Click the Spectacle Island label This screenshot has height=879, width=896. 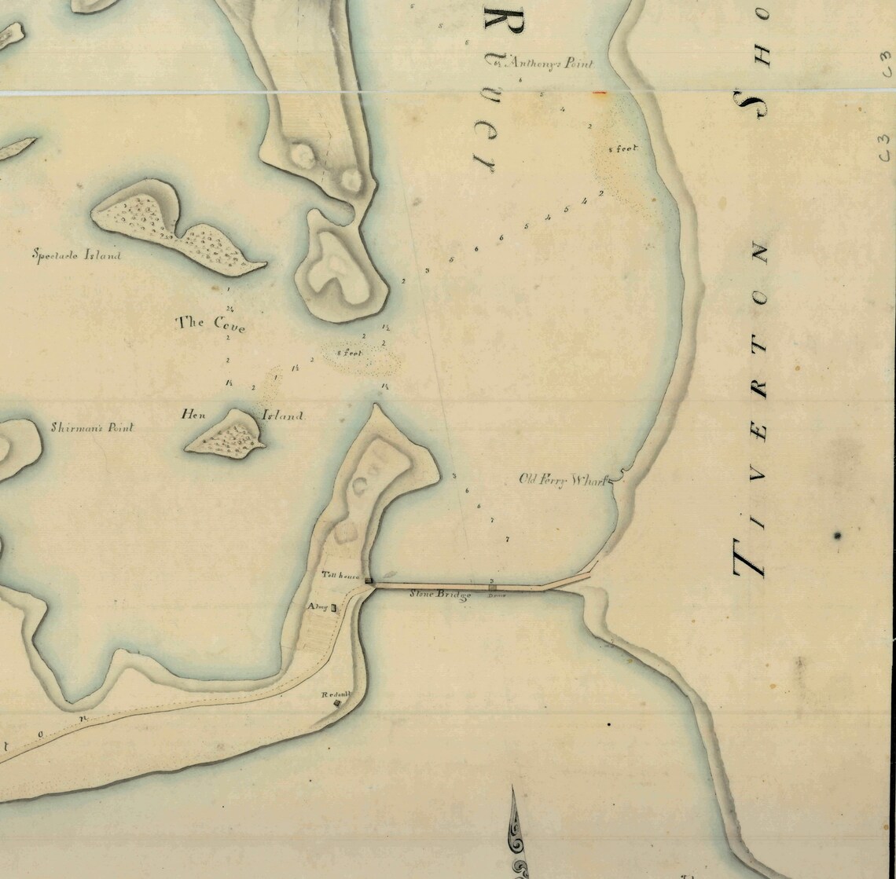coord(76,255)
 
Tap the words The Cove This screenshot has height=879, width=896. coord(210,322)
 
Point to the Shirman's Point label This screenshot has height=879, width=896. coord(92,427)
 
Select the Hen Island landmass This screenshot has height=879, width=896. coord(226,434)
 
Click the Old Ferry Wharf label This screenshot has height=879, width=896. coord(564,479)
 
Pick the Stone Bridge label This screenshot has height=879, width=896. coord(440,595)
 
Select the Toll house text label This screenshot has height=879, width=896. coord(340,576)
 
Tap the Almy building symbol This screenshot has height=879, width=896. coord(334,607)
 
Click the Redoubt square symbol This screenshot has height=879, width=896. coord(337,704)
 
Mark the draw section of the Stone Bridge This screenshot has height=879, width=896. coord(493,586)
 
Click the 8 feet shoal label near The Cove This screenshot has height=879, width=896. coord(351,353)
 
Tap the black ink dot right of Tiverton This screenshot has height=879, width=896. coord(838,536)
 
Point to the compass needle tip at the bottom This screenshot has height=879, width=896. coord(512,788)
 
